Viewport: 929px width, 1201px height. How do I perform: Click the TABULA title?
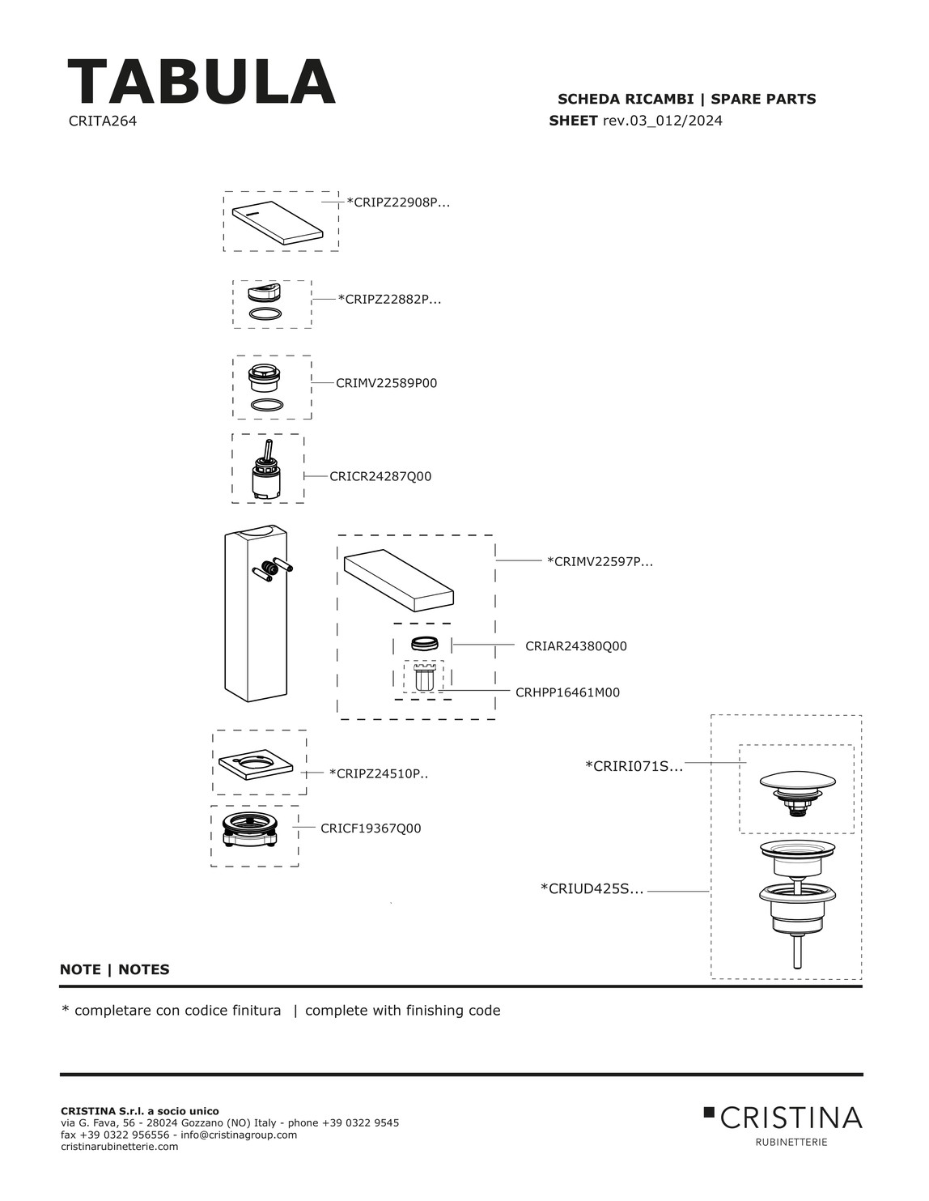point(201,82)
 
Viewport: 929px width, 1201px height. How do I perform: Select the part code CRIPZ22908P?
point(398,202)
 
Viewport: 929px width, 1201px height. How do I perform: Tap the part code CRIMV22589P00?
point(386,383)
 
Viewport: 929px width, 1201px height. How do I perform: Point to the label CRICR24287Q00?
point(380,477)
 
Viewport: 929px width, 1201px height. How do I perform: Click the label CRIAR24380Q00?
point(575,646)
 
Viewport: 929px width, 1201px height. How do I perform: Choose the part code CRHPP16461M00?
point(567,692)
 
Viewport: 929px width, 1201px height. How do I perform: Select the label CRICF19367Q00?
point(371,828)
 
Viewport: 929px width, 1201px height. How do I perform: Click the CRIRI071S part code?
point(634,766)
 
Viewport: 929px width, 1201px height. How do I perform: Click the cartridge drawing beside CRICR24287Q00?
point(268,472)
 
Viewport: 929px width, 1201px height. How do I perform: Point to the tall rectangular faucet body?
point(254,612)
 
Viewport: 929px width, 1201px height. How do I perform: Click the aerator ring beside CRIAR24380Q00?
point(425,645)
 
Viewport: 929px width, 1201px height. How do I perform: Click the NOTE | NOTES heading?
point(115,969)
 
